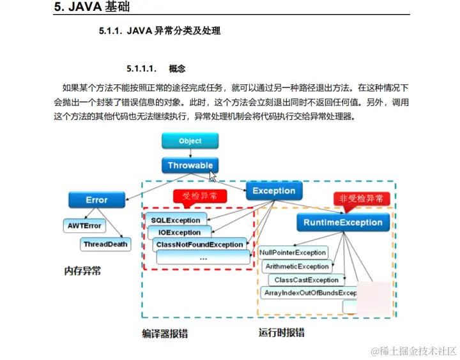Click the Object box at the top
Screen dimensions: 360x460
click(190, 141)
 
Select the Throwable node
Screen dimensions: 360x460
click(190, 165)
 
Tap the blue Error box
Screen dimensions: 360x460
click(96, 200)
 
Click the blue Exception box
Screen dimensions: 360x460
click(273, 191)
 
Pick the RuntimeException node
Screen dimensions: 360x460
click(343, 223)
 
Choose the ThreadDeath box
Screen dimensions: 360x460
click(105, 244)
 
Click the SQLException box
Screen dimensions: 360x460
click(175, 220)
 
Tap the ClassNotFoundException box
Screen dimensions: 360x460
click(199, 244)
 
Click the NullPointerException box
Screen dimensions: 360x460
click(293, 253)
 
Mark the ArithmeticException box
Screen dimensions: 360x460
click(296, 266)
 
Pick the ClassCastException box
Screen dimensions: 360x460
click(306, 280)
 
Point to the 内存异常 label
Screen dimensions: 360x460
click(82, 271)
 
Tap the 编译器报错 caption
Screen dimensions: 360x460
click(164, 333)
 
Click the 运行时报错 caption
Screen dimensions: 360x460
click(281, 333)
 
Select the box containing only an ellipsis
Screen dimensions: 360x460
click(203, 258)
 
